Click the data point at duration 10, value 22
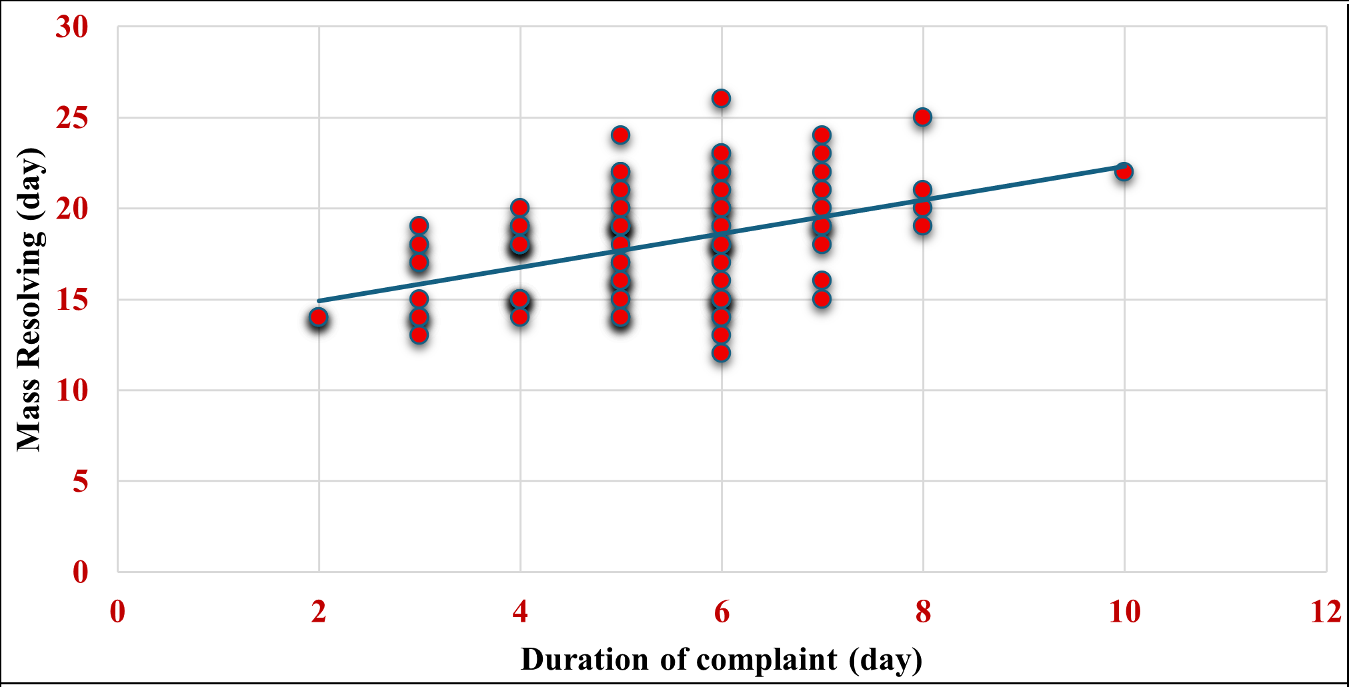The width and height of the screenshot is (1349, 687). click(x=1124, y=172)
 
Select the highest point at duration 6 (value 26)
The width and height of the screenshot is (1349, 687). click(x=721, y=99)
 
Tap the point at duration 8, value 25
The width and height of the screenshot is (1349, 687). click(x=922, y=117)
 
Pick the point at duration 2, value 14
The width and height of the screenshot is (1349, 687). click(x=319, y=317)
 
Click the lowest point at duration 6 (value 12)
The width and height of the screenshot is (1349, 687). click(x=721, y=353)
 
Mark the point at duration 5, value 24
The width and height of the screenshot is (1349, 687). click(x=620, y=135)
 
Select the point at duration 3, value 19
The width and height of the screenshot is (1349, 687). click(x=419, y=226)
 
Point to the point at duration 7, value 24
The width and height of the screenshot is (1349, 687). click(x=822, y=135)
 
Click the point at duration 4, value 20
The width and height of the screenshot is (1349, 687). click(x=519, y=208)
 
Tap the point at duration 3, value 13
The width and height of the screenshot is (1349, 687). click(x=419, y=335)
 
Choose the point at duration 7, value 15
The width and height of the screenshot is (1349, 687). click(x=822, y=299)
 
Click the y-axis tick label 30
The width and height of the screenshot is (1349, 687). click(x=72, y=27)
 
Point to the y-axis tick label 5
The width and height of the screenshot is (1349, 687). click(x=80, y=481)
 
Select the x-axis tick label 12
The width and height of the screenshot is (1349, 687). click(x=1326, y=612)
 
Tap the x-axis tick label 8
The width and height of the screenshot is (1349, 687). click(x=923, y=612)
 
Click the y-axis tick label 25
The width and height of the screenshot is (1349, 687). click(x=72, y=118)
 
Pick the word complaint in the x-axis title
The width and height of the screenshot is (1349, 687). click(x=766, y=660)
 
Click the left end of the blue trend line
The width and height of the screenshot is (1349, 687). click(x=319, y=301)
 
